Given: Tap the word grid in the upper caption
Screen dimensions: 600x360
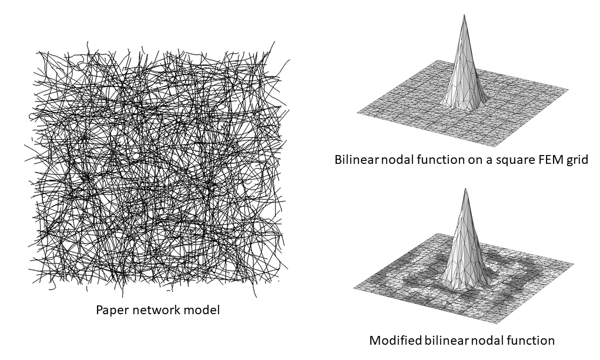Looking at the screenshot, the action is pyautogui.click(x=576, y=160).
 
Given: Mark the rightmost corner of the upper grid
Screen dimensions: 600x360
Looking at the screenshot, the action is pyautogui.click(x=568, y=89).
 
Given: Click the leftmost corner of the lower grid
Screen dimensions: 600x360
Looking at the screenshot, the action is pyautogui.click(x=354, y=288).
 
